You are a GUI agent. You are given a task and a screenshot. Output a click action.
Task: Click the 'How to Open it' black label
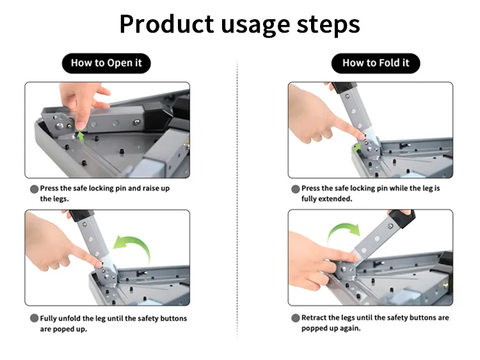(x=106, y=63)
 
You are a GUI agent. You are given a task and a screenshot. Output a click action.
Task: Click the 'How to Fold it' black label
(x=376, y=63)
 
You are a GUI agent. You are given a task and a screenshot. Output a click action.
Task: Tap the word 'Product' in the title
(x=166, y=24)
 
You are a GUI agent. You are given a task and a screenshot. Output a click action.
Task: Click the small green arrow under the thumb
(x=81, y=137)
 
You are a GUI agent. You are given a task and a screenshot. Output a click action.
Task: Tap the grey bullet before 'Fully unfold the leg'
(x=35, y=318)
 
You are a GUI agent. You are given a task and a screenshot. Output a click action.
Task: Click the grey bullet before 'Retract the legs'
(x=296, y=318)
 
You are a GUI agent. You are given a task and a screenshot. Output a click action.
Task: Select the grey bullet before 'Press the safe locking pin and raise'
(x=35, y=189)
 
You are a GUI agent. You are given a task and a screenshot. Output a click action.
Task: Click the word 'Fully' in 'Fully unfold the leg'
(x=49, y=318)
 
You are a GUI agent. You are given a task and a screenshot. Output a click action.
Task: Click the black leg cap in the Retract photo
(x=403, y=218)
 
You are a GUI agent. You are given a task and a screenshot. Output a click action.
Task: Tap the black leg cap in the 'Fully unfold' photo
(x=81, y=215)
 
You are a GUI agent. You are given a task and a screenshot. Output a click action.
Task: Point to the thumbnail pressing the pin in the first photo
(x=81, y=125)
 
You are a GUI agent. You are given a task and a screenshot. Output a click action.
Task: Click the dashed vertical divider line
(x=237, y=199)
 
